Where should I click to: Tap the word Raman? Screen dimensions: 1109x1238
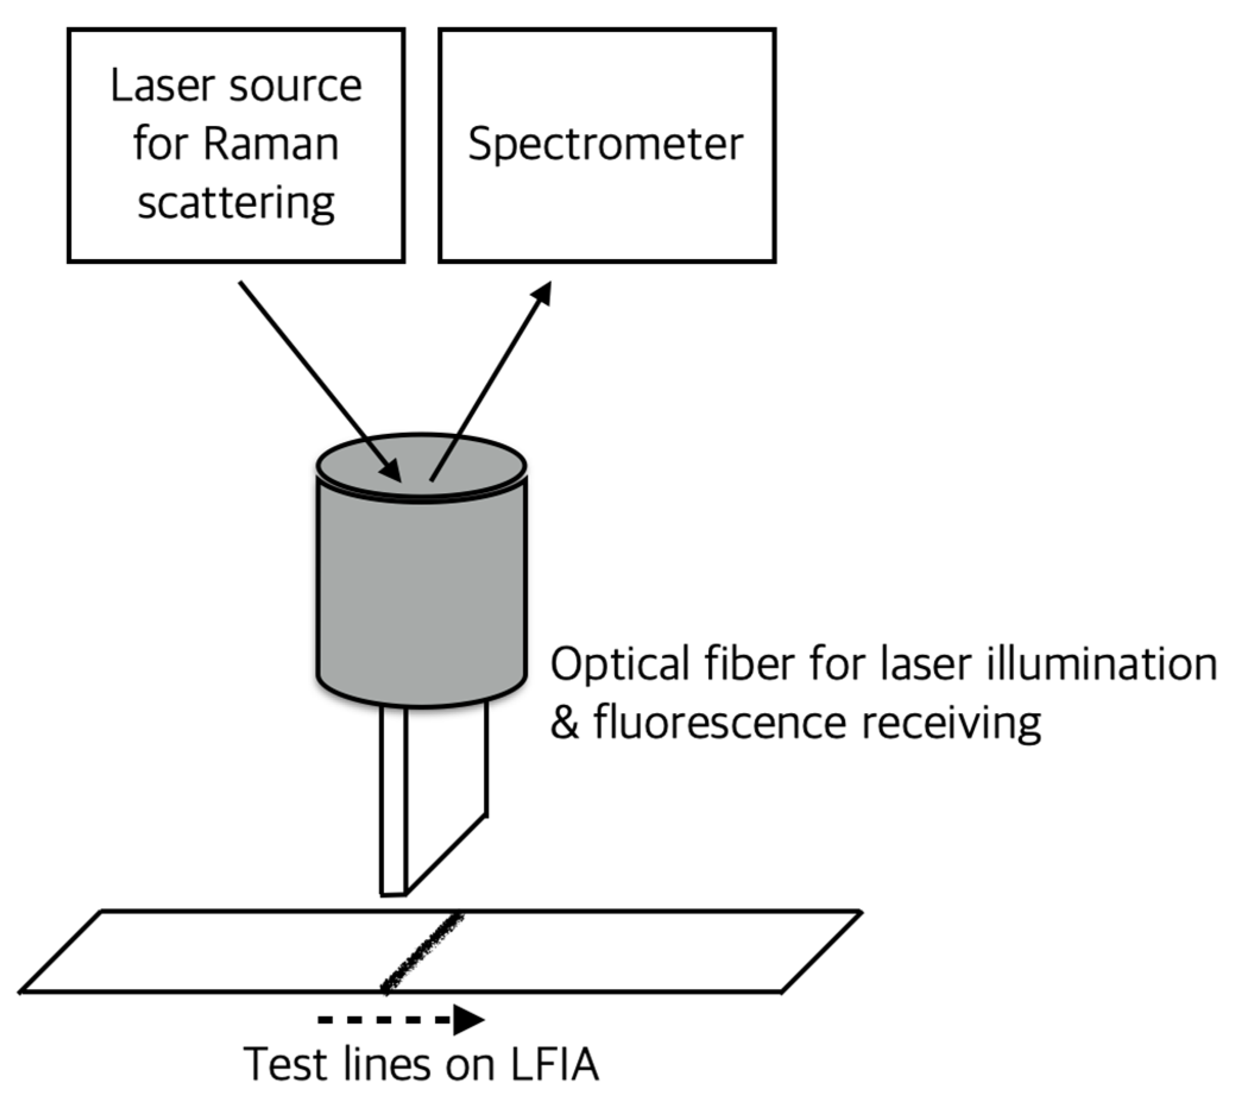click(270, 144)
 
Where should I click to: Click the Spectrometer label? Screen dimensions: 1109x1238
click(606, 144)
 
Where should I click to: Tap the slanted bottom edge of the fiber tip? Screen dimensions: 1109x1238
click(446, 854)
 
